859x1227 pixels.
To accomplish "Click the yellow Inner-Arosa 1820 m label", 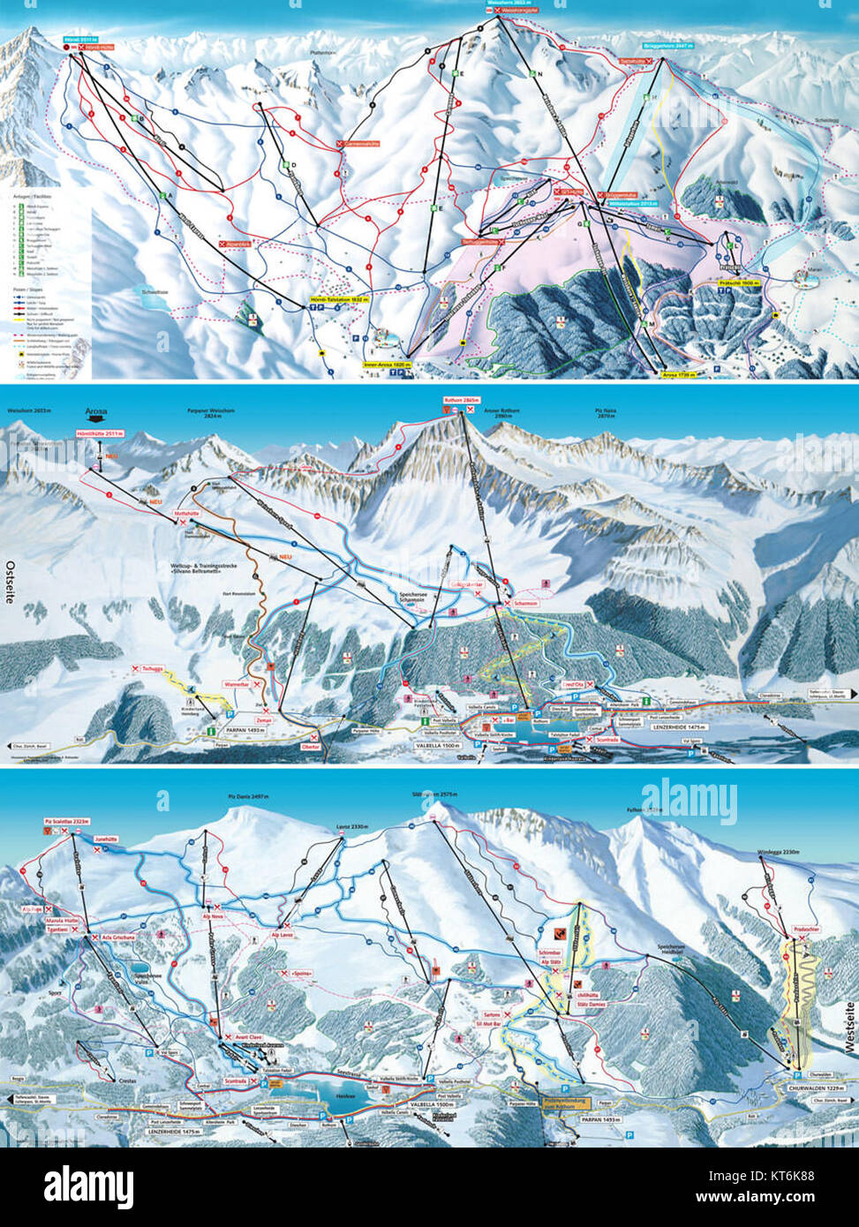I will [384, 363].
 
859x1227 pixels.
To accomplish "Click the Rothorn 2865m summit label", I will [461, 400].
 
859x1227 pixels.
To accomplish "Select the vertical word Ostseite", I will [11, 583].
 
